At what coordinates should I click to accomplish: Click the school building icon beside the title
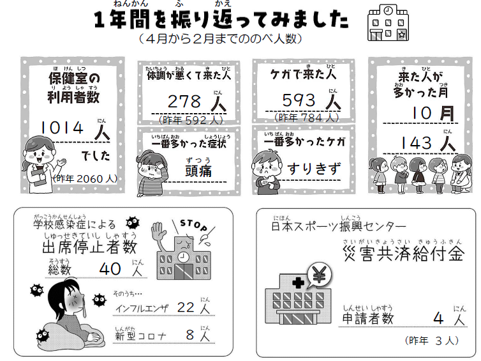tap(388, 23)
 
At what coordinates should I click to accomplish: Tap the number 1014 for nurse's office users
tap(62, 128)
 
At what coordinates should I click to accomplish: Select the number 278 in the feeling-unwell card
tap(184, 102)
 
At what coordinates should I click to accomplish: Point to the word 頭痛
tap(198, 171)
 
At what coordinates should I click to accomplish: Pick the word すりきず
tap(314, 169)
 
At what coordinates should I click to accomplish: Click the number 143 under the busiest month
tap(417, 143)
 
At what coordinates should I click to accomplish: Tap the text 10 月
tap(433, 113)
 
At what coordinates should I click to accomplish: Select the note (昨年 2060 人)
tap(85, 178)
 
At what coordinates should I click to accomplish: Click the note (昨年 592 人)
tap(191, 120)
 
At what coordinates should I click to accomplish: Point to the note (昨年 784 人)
tap(306, 118)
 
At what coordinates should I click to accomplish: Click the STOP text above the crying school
tap(193, 225)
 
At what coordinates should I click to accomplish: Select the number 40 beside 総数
tap(110, 269)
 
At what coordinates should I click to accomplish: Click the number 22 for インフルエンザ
tap(186, 307)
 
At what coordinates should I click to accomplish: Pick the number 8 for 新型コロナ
tap(190, 335)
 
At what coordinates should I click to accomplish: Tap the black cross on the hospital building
tap(299, 282)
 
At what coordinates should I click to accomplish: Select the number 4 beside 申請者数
tap(438, 318)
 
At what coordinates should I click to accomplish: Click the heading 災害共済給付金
tap(403, 254)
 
